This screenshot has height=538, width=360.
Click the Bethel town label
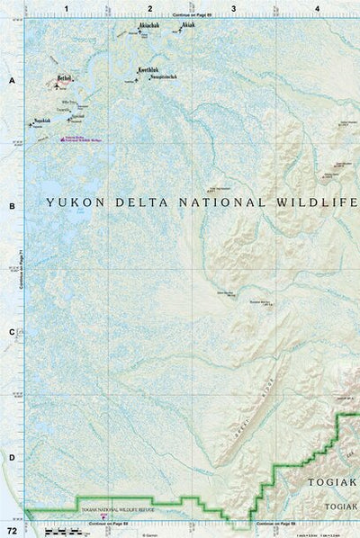(x=64, y=78)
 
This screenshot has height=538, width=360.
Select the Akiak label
(x=187, y=26)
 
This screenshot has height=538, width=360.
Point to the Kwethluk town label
(x=149, y=68)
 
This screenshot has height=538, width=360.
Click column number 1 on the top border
(x=67, y=8)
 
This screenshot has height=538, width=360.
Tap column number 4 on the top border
(x=318, y=8)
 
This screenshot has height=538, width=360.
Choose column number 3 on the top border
(x=234, y=8)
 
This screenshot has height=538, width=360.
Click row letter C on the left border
(x=12, y=332)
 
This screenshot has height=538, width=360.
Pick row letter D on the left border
(x=12, y=458)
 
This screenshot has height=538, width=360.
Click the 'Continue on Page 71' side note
(x=21, y=270)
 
